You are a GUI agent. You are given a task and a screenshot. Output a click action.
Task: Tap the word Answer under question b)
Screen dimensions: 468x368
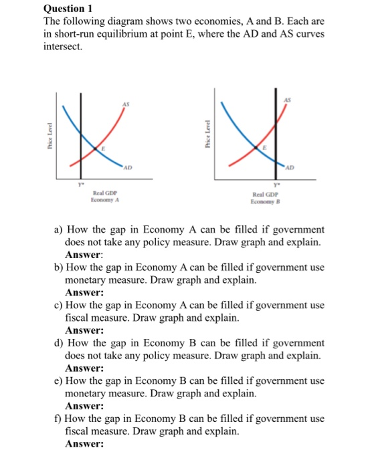click(x=84, y=292)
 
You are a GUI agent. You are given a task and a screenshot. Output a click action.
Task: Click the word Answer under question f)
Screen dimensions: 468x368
click(x=84, y=444)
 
